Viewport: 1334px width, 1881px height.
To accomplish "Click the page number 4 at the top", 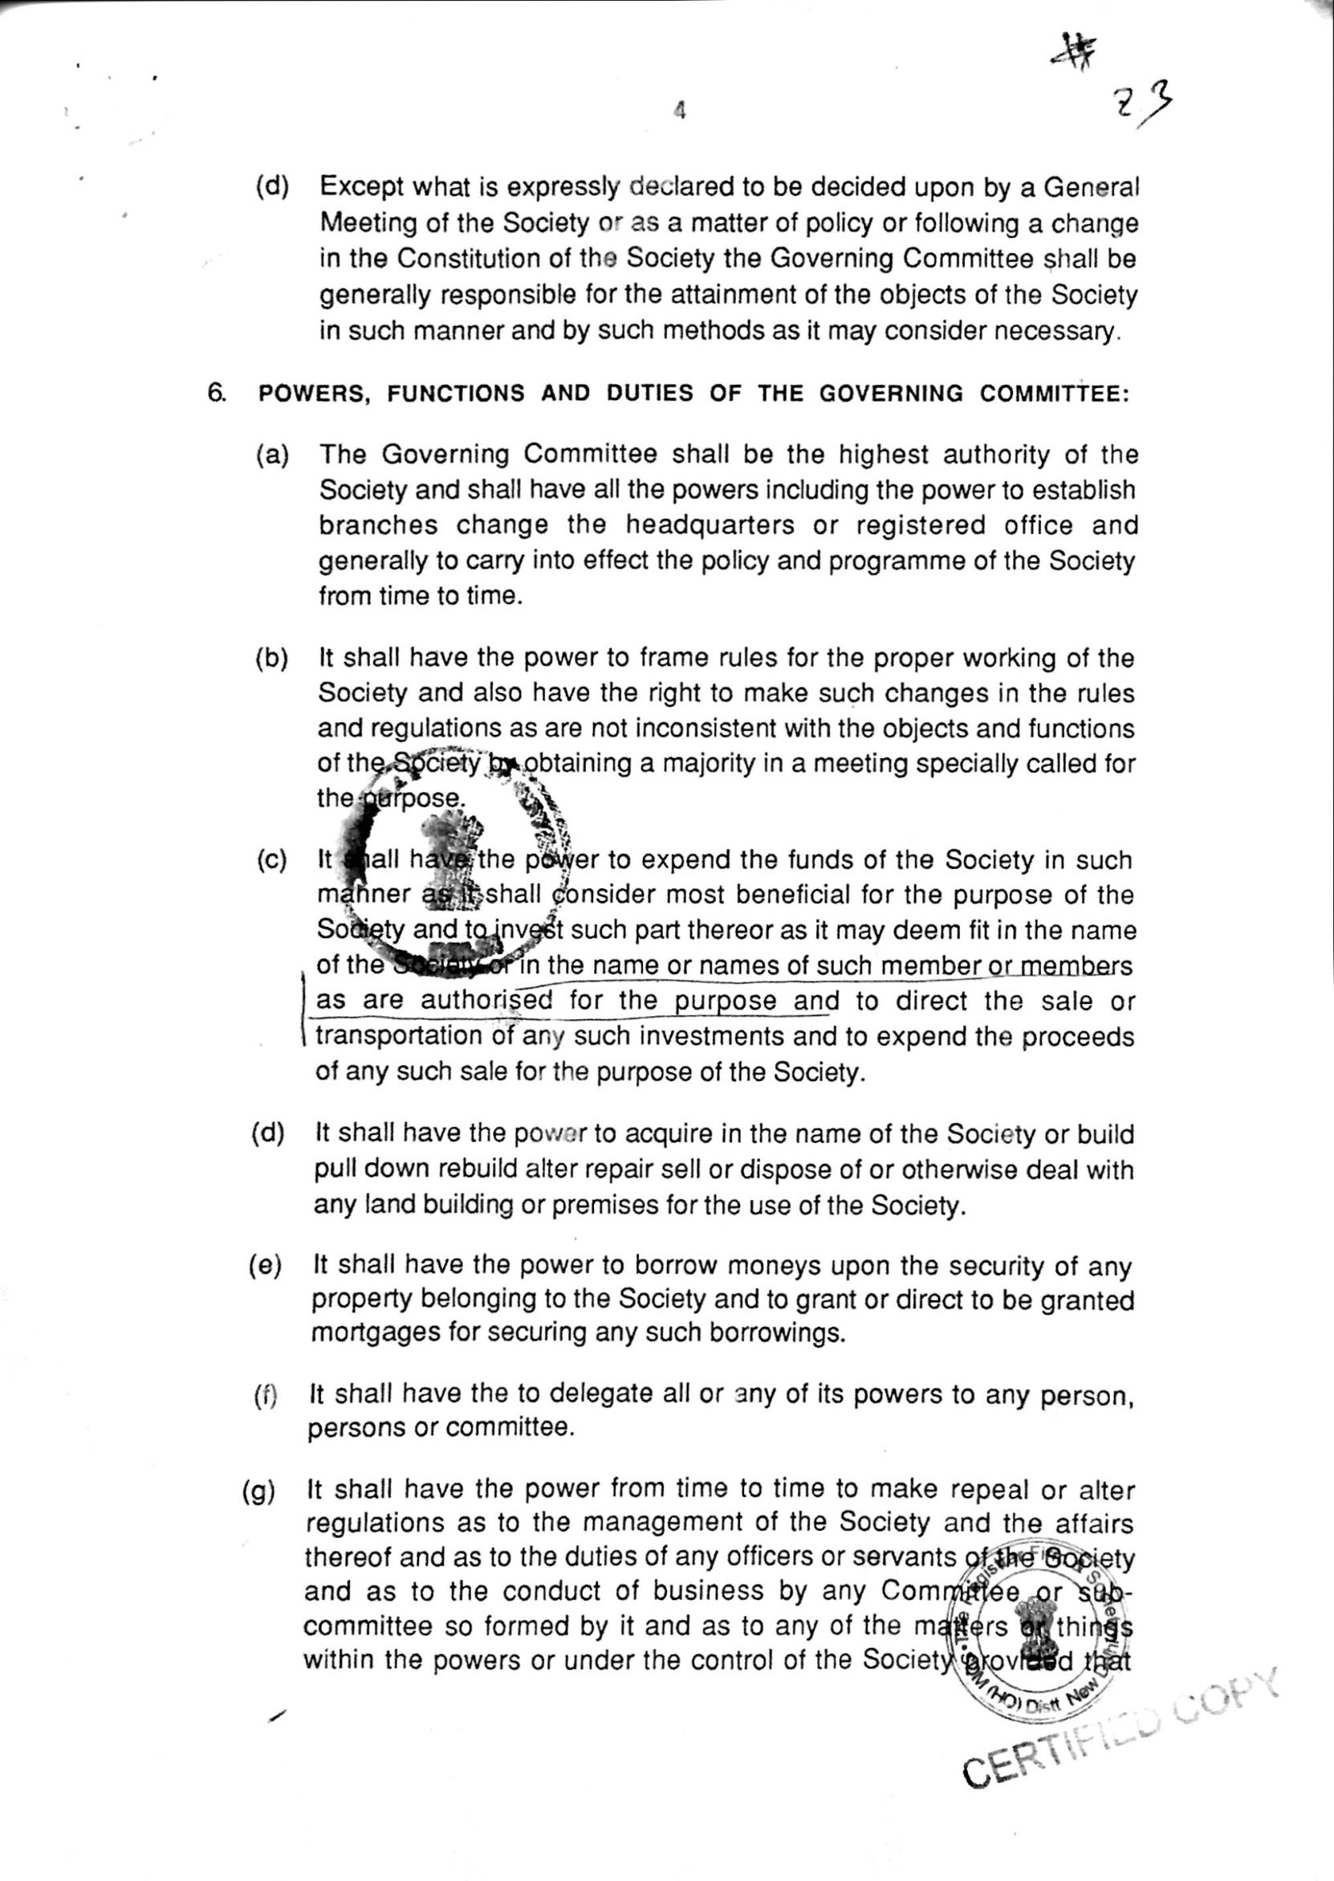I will tap(679, 110).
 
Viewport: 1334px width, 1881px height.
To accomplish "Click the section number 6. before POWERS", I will tap(217, 393).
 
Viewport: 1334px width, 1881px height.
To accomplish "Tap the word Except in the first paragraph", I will tap(358, 187).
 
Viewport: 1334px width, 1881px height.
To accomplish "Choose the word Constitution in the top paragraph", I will tap(472, 259).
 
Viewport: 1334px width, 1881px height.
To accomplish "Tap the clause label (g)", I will tap(258, 1491).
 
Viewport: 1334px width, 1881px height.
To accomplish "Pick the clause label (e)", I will tap(266, 1266).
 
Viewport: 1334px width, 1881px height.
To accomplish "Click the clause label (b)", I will tap(272, 659).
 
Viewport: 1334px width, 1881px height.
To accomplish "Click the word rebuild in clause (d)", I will tap(471, 1169).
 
